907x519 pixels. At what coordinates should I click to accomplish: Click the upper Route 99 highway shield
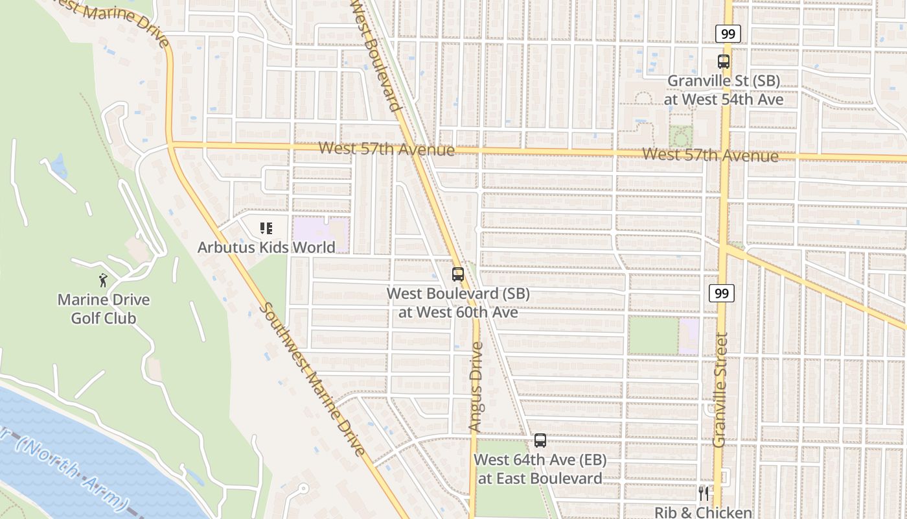click(x=728, y=34)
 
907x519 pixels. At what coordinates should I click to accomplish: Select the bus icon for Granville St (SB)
click(x=724, y=62)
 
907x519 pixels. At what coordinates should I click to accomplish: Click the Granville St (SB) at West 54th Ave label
click(x=724, y=90)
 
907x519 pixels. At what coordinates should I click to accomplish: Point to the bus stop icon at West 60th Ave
click(x=458, y=274)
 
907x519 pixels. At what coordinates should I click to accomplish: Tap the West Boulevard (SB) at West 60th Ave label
click(x=458, y=302)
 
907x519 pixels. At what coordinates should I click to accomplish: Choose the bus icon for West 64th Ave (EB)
click(x=540, y=441)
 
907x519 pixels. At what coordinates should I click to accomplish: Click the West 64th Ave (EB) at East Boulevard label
click(x=540, y=469)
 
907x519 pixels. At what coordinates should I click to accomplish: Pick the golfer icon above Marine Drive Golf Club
click(x=103, y=280)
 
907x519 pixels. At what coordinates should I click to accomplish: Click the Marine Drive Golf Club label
click(x=104, y=309)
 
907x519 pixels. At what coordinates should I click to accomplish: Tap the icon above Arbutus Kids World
click(x=266, y=228)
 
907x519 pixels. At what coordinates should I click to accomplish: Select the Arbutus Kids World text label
click(x=266, y=247)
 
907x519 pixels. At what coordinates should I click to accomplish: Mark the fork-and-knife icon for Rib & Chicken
click(x=704, y=493)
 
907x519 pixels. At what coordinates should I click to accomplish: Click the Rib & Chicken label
click(x=704, y=513)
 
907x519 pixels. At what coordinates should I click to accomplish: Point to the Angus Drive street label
click(x=476, y=387)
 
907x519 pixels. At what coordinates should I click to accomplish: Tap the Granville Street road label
click(x=720, y=389)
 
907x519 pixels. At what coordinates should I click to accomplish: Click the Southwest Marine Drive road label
click(x=314, y=380)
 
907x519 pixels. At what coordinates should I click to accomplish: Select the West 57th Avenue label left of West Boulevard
click(x=386, y=149)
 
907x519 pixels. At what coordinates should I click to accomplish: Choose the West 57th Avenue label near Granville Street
click(x=711, y=155)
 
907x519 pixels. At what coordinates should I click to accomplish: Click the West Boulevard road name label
click(x=375, y=55)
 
